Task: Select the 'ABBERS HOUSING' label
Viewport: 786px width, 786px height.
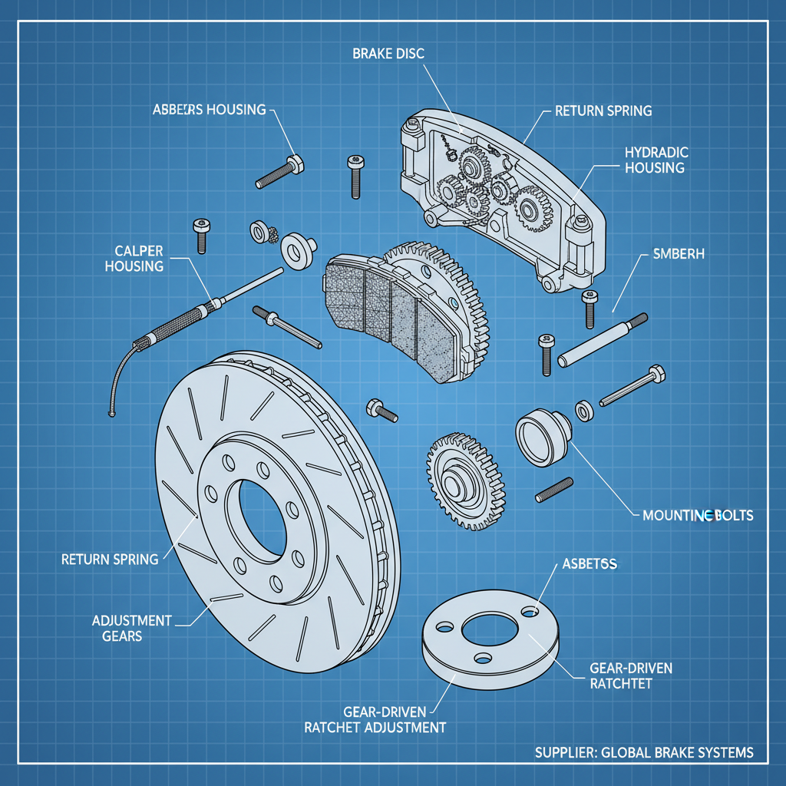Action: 210,109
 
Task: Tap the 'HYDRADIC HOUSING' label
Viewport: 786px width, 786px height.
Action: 655,160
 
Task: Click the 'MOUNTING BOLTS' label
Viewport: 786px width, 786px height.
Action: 697,515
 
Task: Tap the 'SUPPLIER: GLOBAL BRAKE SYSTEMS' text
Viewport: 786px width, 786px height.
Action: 643,752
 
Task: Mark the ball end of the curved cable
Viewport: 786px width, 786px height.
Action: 112,415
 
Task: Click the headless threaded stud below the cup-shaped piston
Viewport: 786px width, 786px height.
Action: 553,490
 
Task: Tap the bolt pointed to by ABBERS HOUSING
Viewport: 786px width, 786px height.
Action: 278,173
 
